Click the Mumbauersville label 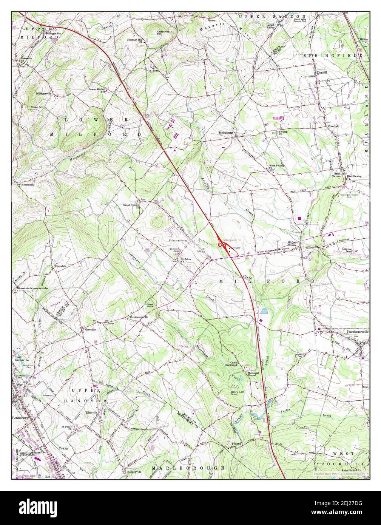tap(139, 317)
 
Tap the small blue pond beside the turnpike tap(264, 312)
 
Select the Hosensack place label tap(22, 185)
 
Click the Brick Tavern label tap(336, 174)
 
